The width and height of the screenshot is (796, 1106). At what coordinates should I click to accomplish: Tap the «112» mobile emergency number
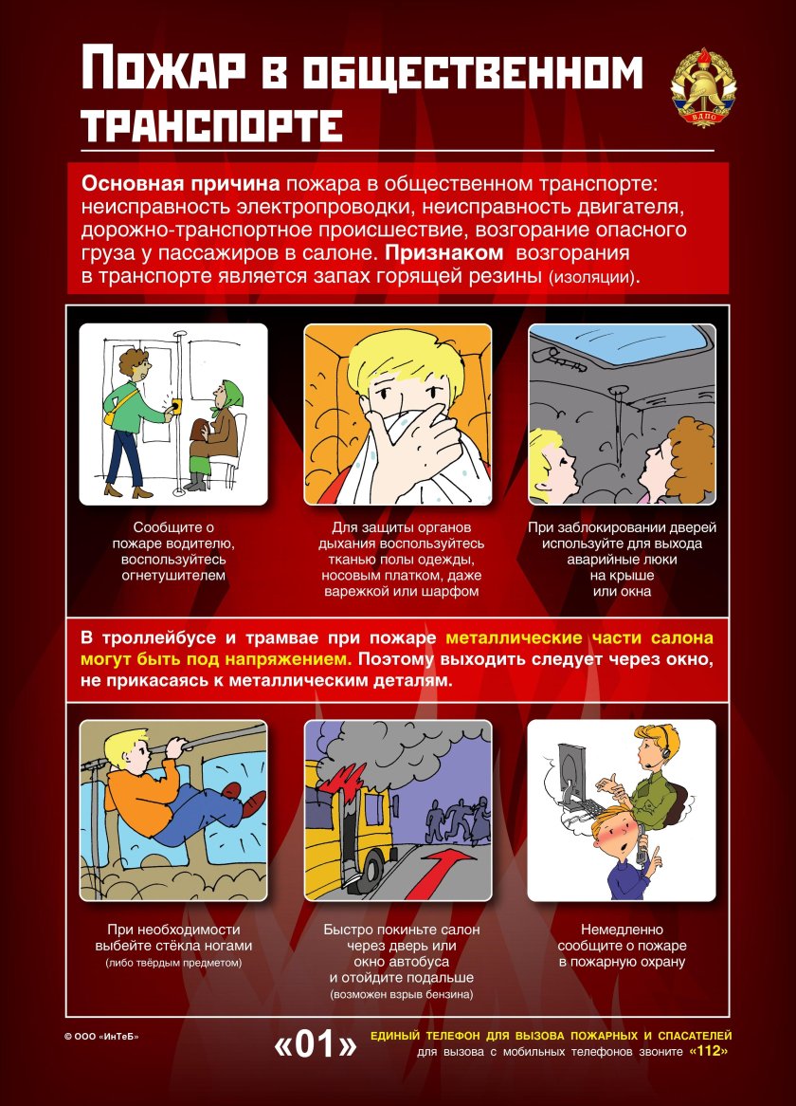coord(711,1052)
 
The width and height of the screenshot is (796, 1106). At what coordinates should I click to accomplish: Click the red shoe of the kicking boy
coord(253,803)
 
